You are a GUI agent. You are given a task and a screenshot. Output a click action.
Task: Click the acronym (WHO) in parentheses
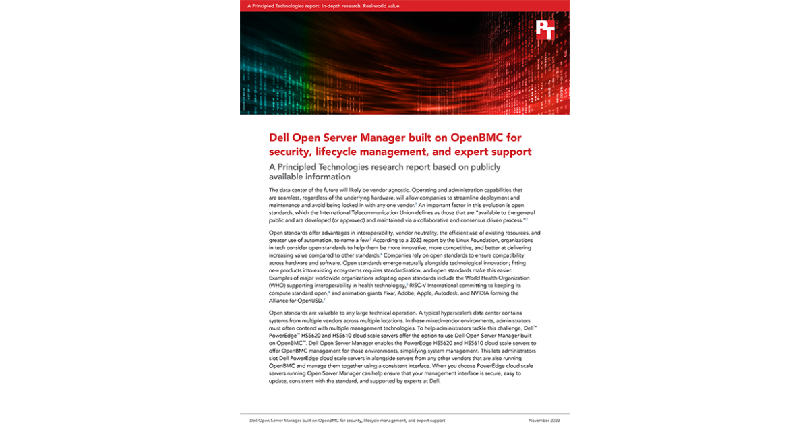(x=279, y=285)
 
